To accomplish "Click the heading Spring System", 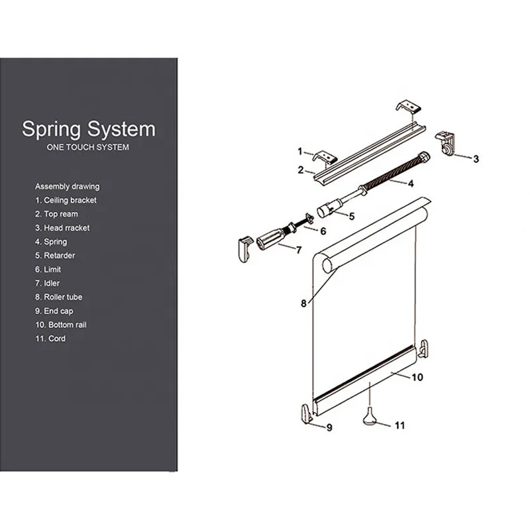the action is click(89, 129).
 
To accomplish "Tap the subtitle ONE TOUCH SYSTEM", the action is click(88, 147).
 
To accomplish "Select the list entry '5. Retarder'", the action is click(55, 256).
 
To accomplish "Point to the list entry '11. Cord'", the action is click(50, 339).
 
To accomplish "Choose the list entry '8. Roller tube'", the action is click(59, 297).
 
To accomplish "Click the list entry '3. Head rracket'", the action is click(62, 228).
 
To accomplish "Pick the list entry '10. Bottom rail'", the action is click(61, 325).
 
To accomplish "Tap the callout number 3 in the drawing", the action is click(476, 159).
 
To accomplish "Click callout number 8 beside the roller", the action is click(303, 303).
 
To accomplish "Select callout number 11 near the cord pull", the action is click(399, 425).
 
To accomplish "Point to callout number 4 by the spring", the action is click(411, 184).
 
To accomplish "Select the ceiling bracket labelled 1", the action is click(325, 157).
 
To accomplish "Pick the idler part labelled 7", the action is click(270, 238).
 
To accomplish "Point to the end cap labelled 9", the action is click(307, 413).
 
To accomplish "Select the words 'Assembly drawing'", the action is click(68, 187).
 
